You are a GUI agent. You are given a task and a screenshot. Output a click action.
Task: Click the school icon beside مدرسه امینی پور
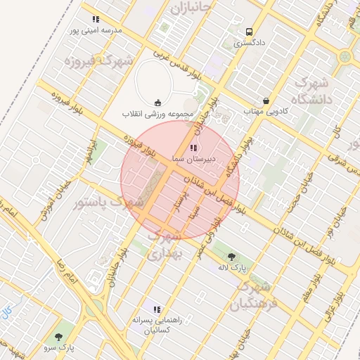(96, 20)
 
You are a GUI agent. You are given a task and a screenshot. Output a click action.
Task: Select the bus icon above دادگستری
(248, 32)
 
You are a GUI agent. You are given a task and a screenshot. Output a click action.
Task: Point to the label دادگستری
(248, 43)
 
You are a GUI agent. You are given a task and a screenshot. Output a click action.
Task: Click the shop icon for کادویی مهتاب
(266, 101)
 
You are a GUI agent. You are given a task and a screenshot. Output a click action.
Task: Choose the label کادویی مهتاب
(262, 111)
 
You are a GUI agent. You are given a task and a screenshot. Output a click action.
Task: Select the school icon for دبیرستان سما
(193, 148)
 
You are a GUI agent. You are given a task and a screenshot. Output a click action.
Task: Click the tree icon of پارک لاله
(232, 256)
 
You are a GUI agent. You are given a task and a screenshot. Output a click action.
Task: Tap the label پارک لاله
(232, 268)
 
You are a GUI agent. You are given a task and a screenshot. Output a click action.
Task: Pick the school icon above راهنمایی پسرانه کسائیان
(157, 309)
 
